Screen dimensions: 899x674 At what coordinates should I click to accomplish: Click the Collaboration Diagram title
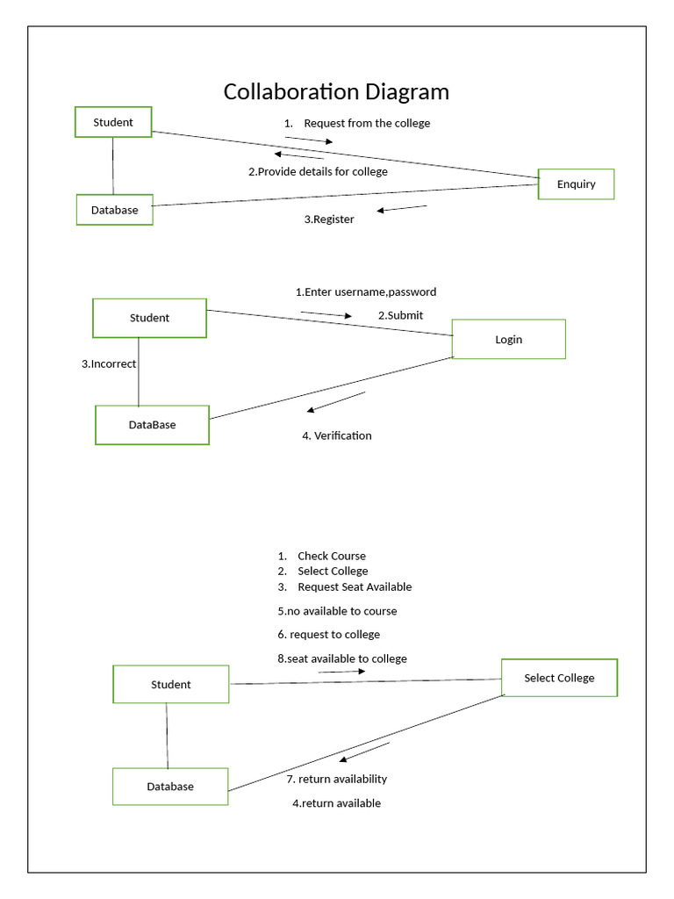(336, 91)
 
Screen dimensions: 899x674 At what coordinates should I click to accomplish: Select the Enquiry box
(576, 184)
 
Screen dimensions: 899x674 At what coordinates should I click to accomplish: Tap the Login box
(508, 339)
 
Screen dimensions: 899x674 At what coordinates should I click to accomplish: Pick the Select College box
(559, 678)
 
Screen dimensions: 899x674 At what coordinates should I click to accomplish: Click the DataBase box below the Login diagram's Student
(152, 425)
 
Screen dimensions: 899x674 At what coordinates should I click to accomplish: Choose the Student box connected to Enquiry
(113, 122)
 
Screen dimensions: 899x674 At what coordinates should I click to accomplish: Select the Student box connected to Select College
(170, 684)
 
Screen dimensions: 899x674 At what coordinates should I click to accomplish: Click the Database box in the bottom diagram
(170, 787)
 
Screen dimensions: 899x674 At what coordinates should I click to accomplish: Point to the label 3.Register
(329, 219)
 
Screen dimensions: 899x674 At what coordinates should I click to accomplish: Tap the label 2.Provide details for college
(318, 171)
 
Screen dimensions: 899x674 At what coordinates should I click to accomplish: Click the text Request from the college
(367, 123)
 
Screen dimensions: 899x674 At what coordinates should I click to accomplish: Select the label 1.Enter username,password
(365, 291)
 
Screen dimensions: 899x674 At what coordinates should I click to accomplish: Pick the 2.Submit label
(400, 315)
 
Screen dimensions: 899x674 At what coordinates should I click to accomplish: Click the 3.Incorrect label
(109, 363)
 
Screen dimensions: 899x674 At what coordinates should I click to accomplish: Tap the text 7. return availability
(337, 779)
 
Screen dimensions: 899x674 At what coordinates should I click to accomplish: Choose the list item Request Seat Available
(355, 586)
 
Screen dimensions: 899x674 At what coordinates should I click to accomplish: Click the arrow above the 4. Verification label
(335, 401)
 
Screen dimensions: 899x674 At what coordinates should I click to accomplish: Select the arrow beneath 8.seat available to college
(341, 672)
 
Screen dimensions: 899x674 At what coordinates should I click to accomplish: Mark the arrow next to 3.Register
(402, 209)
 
